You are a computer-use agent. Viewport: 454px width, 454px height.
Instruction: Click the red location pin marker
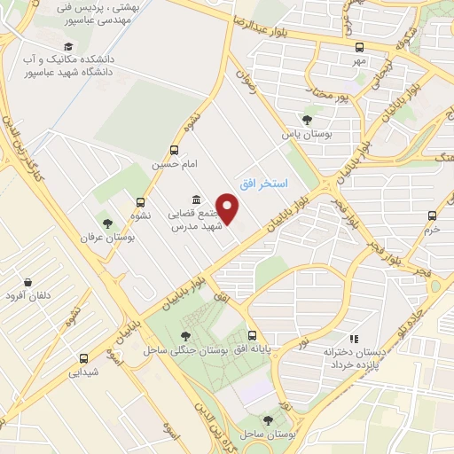[x=229, y=208]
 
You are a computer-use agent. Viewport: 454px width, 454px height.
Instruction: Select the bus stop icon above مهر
[x=358, y=47]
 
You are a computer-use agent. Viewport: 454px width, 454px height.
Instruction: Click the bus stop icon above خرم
[x=432, y=215]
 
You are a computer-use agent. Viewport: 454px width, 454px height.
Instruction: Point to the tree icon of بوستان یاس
[x=307, y=120]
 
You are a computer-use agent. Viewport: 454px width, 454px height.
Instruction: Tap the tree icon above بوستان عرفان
[x=107, y=224]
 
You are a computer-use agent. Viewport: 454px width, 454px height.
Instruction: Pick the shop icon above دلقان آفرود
[x=28, y=282]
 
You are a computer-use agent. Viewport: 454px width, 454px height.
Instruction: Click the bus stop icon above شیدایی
[x=84, y=359]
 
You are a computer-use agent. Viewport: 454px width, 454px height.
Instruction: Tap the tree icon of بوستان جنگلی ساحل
[x=184, y=336]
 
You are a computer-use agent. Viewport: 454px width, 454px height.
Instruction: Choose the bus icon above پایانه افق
[x=253, y=336]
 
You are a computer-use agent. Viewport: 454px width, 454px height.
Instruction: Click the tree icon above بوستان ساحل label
[x=268, y=420]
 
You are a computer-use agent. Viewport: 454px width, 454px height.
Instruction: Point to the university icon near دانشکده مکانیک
[x=68, y=47]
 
